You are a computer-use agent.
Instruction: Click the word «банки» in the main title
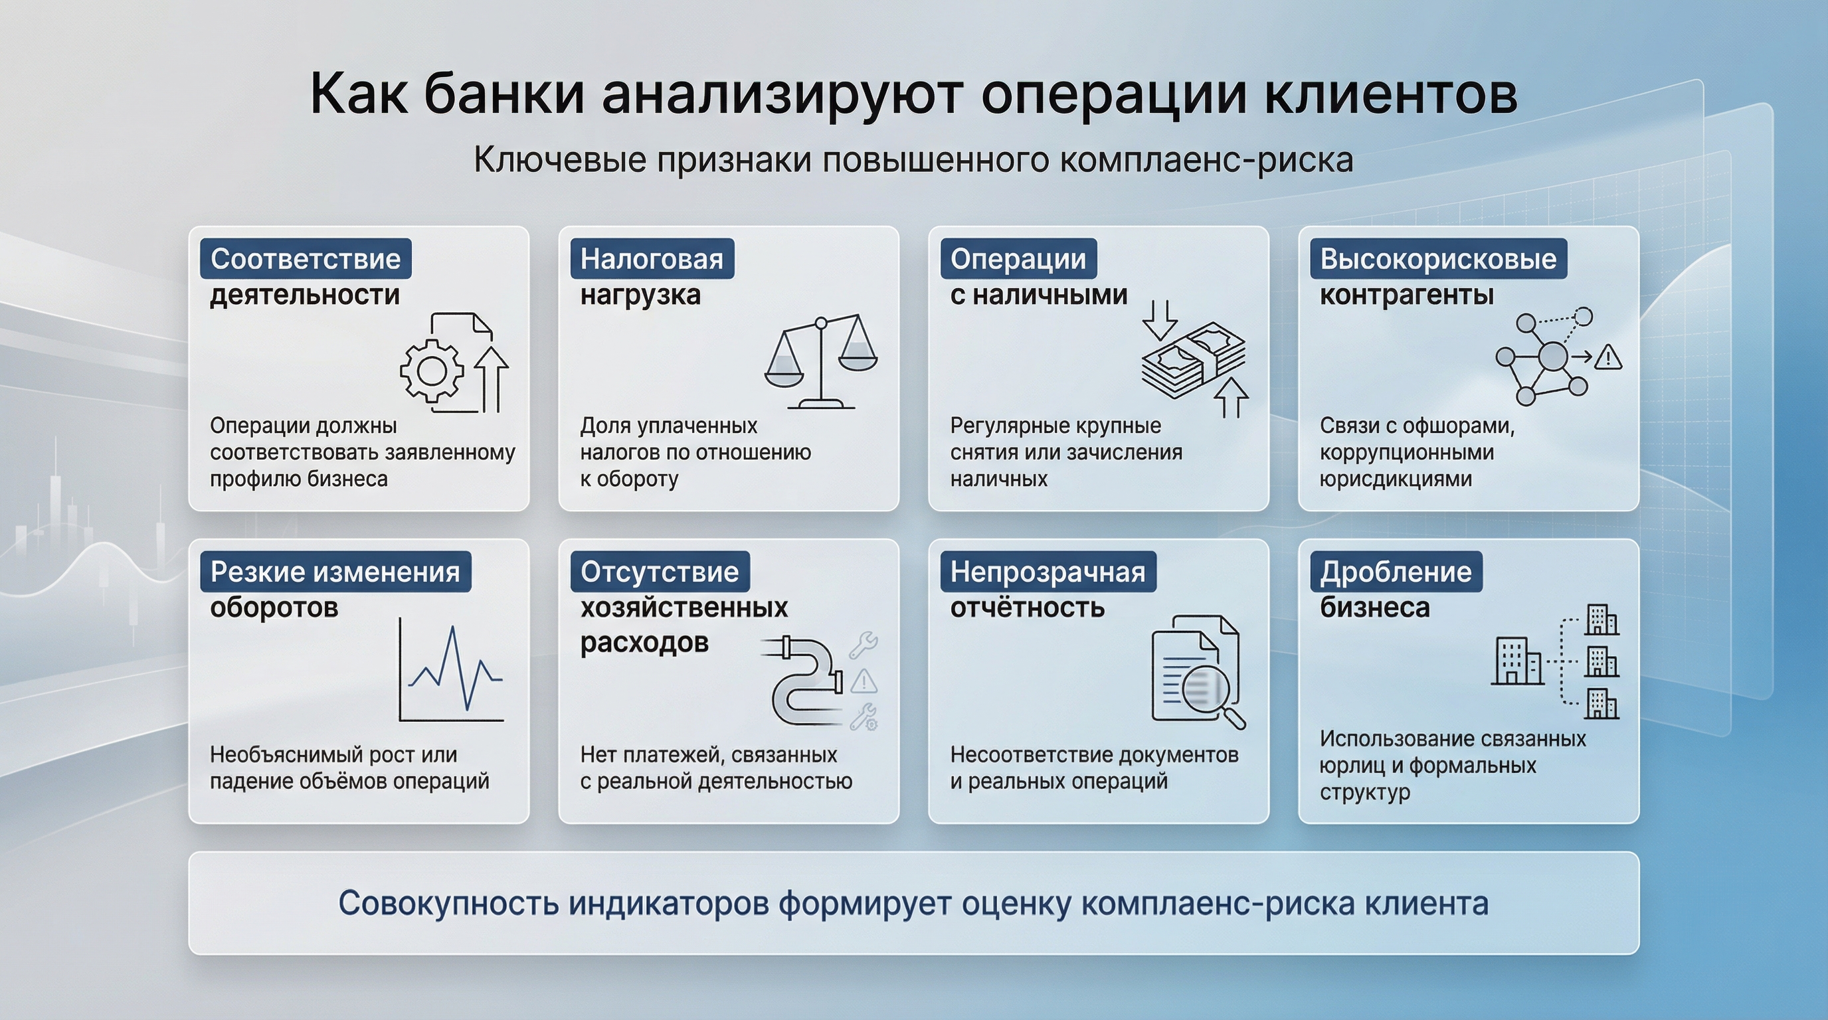tap(504, 94)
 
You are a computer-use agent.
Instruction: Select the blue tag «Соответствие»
tap(305, 259)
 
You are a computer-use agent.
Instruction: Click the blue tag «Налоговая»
tap(652, 259)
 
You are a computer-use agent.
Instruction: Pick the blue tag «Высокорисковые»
tap(1437, 259)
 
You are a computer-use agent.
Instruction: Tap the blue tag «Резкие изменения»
tap(335, 572)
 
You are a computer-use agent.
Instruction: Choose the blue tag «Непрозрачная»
tap(1048, 572)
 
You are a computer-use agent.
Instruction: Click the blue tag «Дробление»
tap(1395, 572)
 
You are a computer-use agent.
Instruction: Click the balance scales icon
tap(821, 362)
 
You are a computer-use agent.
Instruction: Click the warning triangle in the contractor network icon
tap(1608, 357)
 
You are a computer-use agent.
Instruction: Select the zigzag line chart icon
tap(451, 670)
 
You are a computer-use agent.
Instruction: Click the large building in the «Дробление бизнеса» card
tap(1517, 661)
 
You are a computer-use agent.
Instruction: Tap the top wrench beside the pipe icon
tap(864, 644)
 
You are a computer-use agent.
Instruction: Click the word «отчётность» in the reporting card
tap(1027, 608)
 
